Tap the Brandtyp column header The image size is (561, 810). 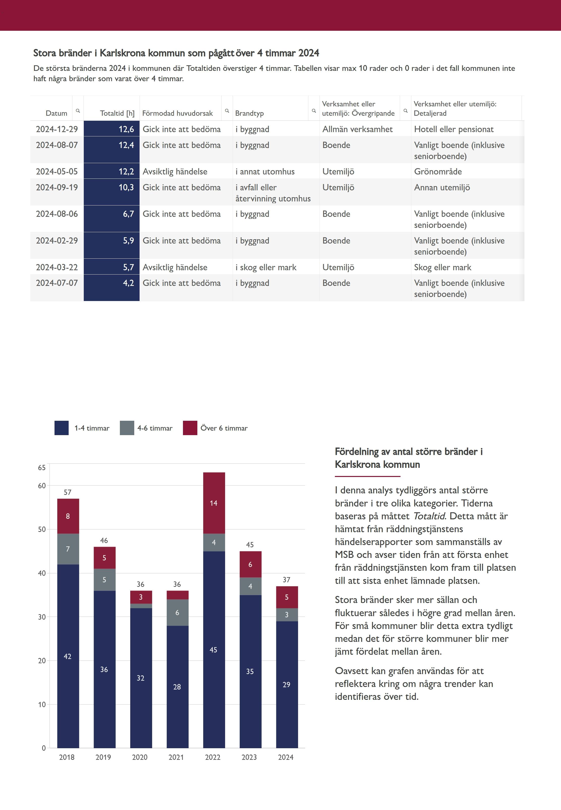[249, 113]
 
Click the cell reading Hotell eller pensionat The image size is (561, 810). [453, 129]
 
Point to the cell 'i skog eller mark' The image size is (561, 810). [266, 267]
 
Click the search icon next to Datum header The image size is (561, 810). [78, 111]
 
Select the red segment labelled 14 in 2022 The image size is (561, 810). [214, 503]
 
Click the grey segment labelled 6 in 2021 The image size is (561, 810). [177, 612]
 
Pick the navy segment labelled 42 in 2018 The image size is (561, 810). [68, 656]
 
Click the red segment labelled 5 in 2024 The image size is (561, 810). [287, 597]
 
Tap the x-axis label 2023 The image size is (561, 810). [249, 757]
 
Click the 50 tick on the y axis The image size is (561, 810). [42, 529]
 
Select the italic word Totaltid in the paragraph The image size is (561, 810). [429, 516]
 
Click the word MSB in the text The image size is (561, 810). [344, 554]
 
